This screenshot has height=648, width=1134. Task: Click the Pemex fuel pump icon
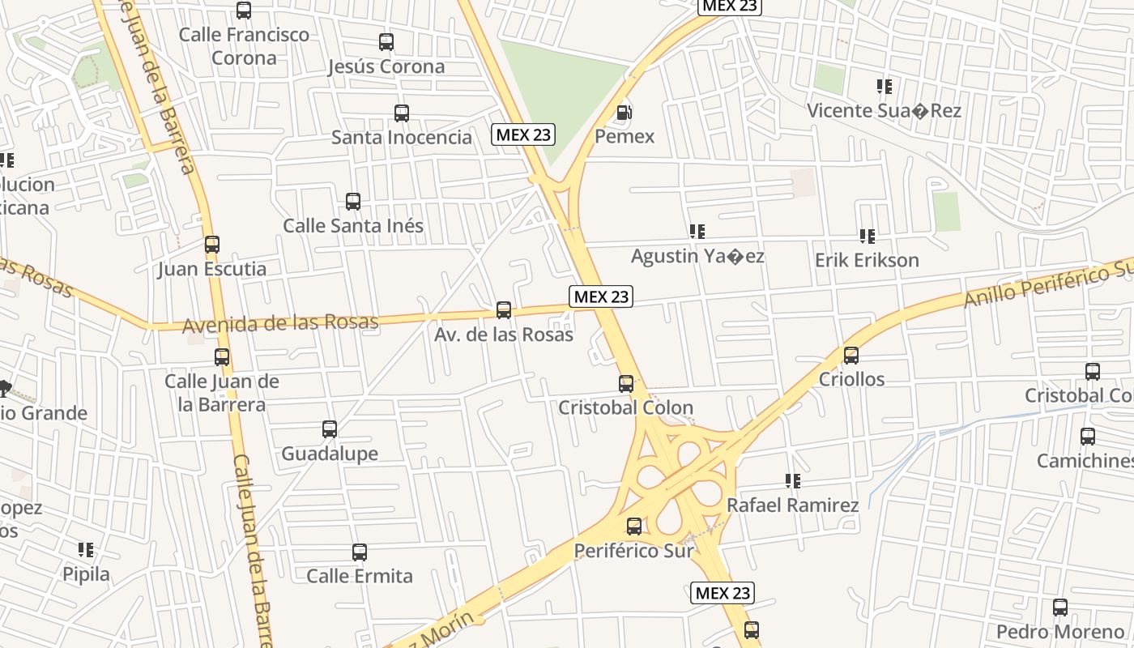pyautogui.click(x=624, y=113)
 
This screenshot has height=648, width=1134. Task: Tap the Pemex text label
pyautogui.click(x=625, y=136)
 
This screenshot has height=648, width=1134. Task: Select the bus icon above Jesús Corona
pyautogui.click(x=386, y=42)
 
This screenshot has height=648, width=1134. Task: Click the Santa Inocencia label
pyautogui.click(x=401, y=137)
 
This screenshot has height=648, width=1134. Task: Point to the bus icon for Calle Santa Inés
pyautogui.click(x=353, y=202)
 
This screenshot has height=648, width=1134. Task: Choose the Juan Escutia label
pyautogui.click(x=212, y=268)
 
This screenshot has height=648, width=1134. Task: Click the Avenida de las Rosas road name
pyautogui.click(x=280, y=324)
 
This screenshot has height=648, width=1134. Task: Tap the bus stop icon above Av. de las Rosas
pyautogui.click(x=504, y=310)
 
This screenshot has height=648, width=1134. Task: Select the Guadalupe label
pyautogui.click(x=330, y=454)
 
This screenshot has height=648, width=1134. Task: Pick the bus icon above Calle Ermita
pyautogui.click(x=360, y=552)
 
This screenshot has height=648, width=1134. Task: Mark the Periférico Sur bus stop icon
pyautogui.click(x=634, y=526)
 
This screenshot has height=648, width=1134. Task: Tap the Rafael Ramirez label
pyautogui.click(x=792, y=505)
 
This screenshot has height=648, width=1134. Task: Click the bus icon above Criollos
pyautogui.click(x=851, y=356)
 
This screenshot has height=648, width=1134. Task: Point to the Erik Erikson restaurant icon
pyautogui.click(x=868, y=237)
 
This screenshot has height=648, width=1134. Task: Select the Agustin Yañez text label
pyautogui.click(x=697, y=257)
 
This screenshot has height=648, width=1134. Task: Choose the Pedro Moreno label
pyautogui.click(x=1060, y=632)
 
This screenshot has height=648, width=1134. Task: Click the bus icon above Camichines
pyautogui.click(x=1088, y=437)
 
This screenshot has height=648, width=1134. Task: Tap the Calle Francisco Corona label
pyautogui.click(x=244, y=46)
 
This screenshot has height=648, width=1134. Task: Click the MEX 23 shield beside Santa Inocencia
pyautogui.click(x=523, y=134)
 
